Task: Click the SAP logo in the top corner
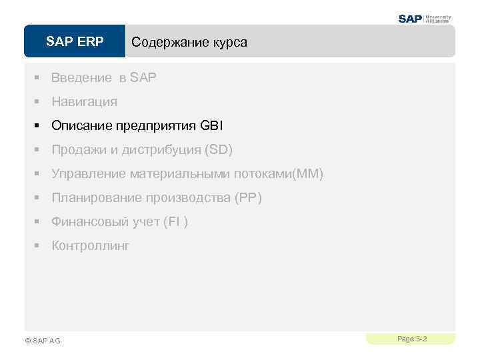(410, 19)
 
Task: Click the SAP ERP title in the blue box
(75, 42)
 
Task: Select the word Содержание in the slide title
(164, 43)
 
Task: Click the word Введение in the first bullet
(81, 78)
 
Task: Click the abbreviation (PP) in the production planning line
(247, 198)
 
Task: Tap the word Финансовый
(89, 222)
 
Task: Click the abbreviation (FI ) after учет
(175, 222)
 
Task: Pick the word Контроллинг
(91, 246)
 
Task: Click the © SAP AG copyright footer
(42, 341)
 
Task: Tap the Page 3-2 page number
(411, 339)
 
